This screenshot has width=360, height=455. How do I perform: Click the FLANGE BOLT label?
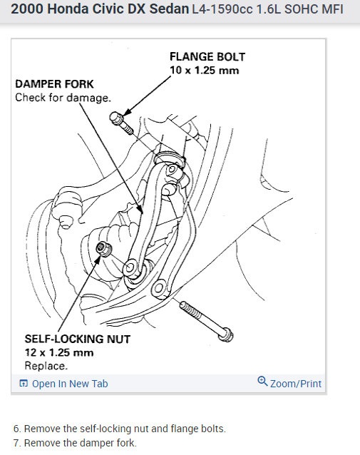click(x=207, y=56)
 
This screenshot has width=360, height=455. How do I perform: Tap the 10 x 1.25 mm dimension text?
click(x=204, y=70)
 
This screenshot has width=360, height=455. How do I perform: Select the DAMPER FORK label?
click(x=54, y=84)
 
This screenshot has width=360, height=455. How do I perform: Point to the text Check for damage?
click(x=63, y=98)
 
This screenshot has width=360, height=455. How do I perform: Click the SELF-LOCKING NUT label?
click(x=78, y=339)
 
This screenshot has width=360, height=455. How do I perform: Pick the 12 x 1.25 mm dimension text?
click(x=59, y=352)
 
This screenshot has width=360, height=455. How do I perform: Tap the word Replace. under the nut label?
click(x=46, y=366)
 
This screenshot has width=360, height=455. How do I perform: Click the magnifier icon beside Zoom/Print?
click(x=262, y=381)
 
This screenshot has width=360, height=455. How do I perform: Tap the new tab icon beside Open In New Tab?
click(x=24, y=383)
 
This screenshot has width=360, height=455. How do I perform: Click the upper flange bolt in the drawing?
click(x=121, y=123)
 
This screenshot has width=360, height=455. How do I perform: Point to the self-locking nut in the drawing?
click(x=104, y=249)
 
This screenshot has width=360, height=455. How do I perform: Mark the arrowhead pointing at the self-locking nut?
click(x=98, y=260)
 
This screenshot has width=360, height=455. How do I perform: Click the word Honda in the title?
click(x=68, y=9)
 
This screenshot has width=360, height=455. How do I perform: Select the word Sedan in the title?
click(x=169, y=9)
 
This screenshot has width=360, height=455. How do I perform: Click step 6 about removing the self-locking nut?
click(x=120, y=429)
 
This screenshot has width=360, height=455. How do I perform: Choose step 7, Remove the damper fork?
click(x=75, y=443)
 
